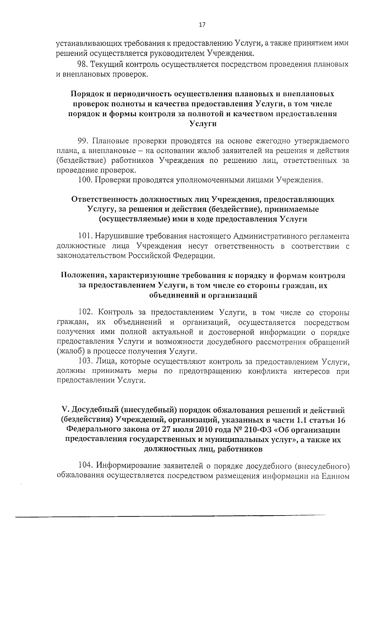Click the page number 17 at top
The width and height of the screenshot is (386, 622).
[x=202, y=25]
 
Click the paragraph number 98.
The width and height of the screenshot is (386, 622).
[x=82, y=64]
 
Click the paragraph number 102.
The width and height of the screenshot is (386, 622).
[x=85, y=313]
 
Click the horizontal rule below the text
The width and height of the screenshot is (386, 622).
[x=170, y=516]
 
